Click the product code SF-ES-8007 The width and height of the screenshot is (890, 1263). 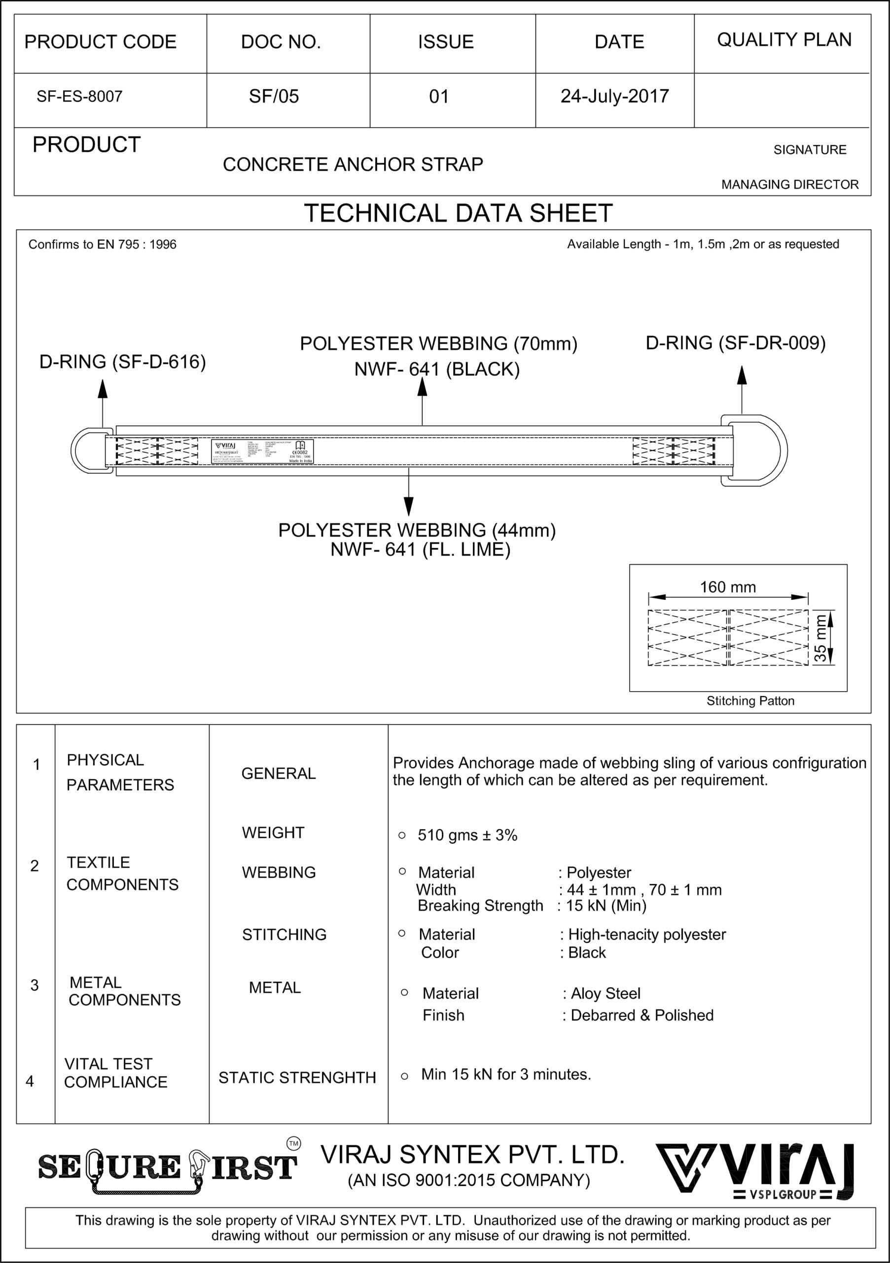coord(79,97)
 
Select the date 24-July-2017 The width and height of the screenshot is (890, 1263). coord(614,96)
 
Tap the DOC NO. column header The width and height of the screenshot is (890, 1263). coord(281,42)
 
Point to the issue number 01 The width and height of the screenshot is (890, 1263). coord(439,97)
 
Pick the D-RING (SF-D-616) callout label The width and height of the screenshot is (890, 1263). coord(123,362)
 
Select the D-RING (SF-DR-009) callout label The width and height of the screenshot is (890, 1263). coord(735,343)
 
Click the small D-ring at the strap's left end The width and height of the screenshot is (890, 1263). coord(88,450)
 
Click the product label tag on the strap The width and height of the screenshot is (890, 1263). coord(262,451)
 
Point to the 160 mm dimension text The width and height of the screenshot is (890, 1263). coord(727,587)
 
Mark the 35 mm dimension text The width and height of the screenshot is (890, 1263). coord(819,638)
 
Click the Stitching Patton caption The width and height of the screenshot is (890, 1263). coord(750,701)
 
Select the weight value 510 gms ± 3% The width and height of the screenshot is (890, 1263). coord(467,835)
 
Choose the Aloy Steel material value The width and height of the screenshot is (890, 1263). coord(605,994)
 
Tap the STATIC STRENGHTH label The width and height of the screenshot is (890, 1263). coord(297,1077)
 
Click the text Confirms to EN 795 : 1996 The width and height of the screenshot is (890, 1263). coord(102,245)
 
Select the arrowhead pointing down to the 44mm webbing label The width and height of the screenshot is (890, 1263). coord(408,506)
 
